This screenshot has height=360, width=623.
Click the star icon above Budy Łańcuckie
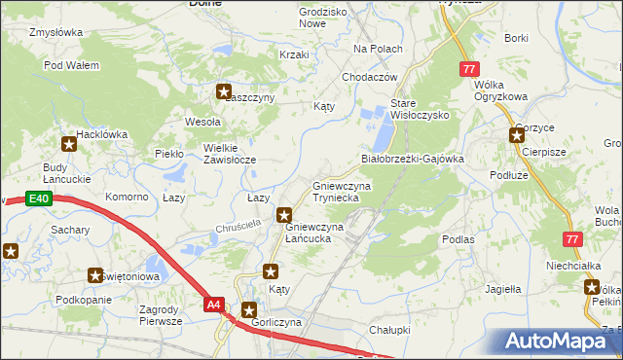pos(69,145)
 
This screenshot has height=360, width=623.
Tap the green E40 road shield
pos(38,199)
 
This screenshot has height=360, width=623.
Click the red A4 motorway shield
pos(215,305)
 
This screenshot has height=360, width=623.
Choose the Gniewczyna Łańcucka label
pos(313,233)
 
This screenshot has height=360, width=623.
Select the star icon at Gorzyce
pos(517,136)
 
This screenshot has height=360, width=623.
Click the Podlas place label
pos(458,238)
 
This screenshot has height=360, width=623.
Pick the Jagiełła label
pos(503,289)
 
